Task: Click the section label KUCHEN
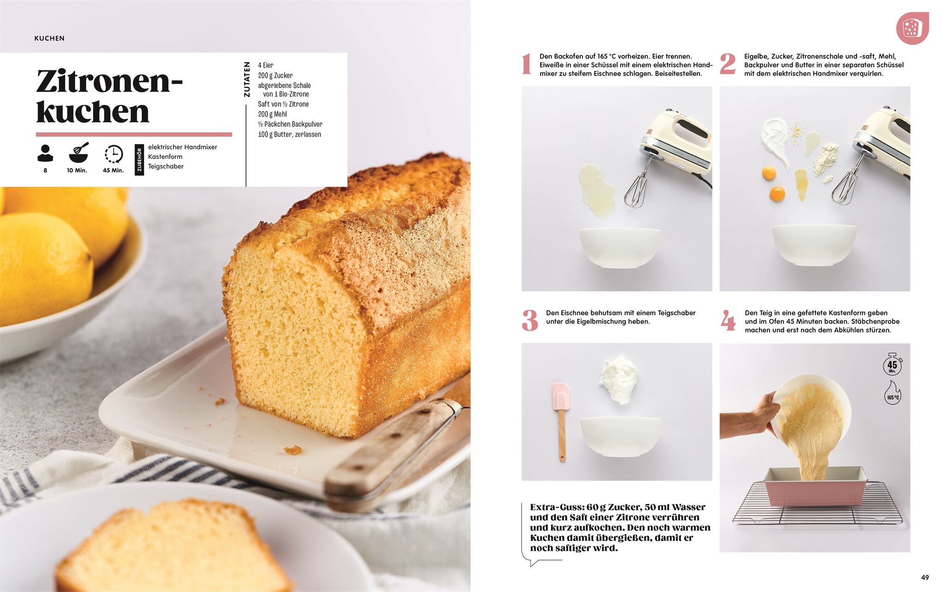49,38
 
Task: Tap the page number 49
924,577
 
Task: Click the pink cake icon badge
912,28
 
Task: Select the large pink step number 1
526,64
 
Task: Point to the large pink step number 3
530,321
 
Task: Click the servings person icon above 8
45,153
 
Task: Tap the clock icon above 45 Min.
114,154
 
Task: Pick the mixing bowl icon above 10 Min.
79,153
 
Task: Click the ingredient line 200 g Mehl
273,114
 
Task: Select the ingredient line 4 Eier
266,65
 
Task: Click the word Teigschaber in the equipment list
166,166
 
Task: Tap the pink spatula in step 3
561,421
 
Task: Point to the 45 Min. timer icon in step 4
892,364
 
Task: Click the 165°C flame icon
892,393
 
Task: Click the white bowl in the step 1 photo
619,247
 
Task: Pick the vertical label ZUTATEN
247,80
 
